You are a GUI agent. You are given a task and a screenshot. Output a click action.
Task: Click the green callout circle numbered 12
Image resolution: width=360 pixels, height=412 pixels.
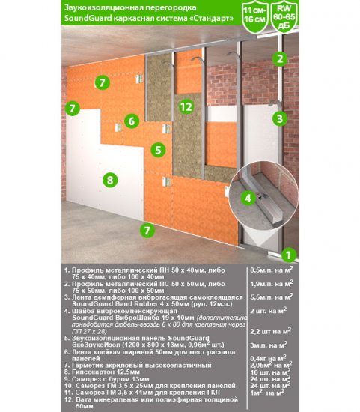(186, 107)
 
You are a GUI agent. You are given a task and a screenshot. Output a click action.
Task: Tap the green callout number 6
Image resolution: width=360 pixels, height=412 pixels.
(131, 121)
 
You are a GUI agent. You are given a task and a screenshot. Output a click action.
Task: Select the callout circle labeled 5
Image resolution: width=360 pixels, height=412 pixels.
(157, 150)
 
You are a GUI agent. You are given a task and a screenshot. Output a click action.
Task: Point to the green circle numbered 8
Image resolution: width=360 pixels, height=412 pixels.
(110, 180)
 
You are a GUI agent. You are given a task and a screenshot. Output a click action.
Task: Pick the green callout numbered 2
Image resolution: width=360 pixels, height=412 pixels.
(279, 58)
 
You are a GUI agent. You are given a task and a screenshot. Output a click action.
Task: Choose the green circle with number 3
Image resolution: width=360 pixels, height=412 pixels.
(279, 118)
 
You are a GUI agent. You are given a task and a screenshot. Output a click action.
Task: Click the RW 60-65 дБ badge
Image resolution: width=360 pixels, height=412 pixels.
(284, 18)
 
